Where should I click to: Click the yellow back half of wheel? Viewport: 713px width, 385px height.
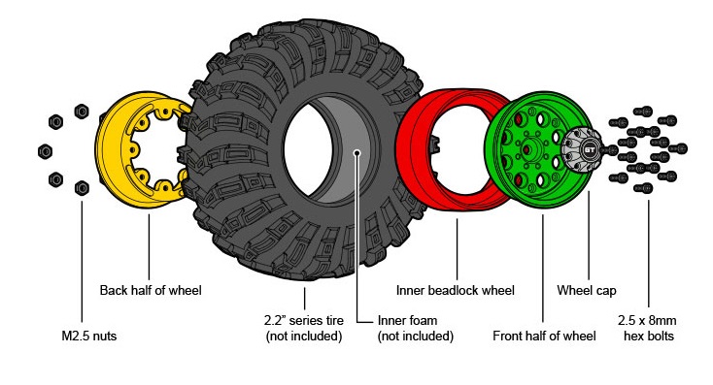109,149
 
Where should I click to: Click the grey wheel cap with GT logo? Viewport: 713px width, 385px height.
582,149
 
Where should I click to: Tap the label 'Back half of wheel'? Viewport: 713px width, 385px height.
151,290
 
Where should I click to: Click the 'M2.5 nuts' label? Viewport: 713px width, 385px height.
89,336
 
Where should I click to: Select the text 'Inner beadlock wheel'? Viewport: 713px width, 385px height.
456,291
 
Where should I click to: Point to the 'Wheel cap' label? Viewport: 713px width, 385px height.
587,291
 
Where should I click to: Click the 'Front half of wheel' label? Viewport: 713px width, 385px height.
544,336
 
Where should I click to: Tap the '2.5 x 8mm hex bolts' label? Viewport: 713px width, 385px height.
648,328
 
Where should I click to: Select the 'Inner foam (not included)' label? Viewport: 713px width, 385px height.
415,328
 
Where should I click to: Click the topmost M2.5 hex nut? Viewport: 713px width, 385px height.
82,112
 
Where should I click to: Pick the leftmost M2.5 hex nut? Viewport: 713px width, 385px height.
45,151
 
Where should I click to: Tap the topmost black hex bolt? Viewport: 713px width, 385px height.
643,112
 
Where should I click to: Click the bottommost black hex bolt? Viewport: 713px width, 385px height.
643,187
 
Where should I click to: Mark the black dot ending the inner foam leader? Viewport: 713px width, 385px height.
357,152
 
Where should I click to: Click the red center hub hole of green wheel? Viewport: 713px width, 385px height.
527,149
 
